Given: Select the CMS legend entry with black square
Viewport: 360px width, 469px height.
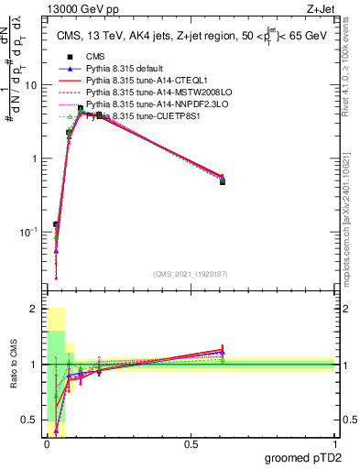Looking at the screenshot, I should coord(88,57).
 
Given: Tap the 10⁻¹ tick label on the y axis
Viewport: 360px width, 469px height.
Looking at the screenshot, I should coord(27,232).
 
